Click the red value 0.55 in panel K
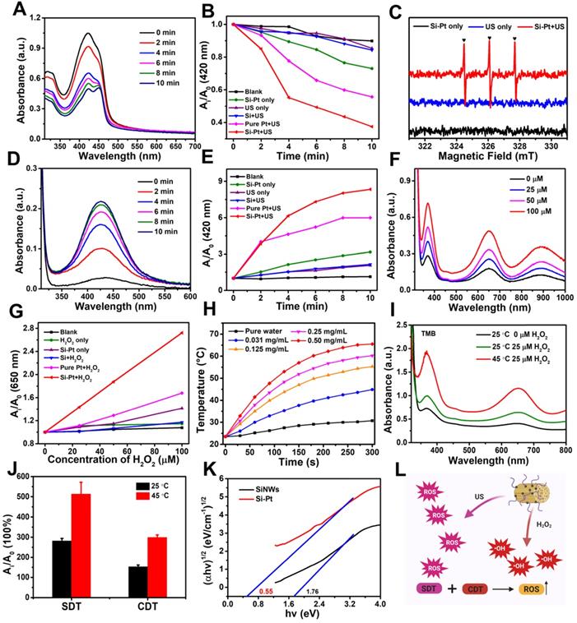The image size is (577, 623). click(x=243, y=591)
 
